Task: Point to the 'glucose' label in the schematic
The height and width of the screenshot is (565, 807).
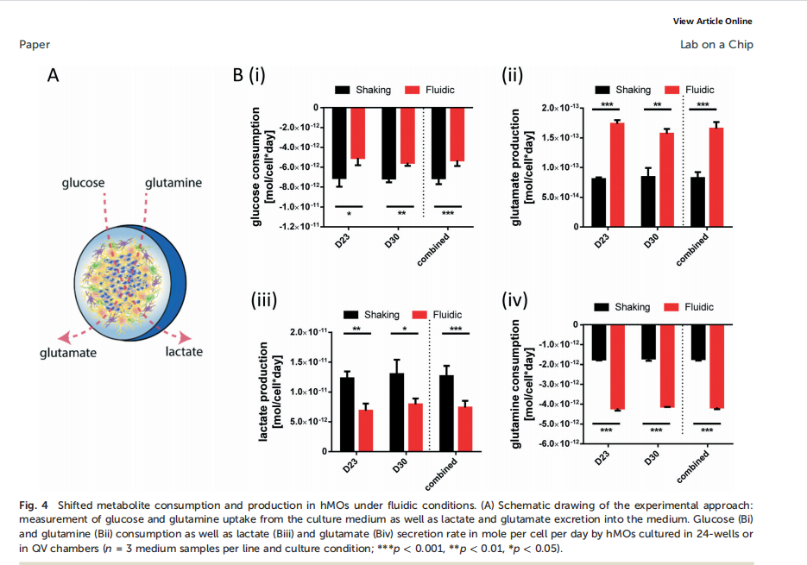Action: [x=83, y=183]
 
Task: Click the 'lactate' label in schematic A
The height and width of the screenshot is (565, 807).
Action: [x=184, y=351]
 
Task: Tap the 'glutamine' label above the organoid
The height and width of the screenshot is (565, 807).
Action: [x=173, y=183]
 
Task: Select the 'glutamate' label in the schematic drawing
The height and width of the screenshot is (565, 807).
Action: [x=68, y=352]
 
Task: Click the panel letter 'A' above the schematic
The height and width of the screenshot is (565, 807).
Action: [x=53, y=75]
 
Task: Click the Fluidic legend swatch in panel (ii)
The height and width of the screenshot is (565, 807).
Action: [x=672, y=90]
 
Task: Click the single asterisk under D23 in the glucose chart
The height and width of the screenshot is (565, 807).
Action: [x=349, y=213]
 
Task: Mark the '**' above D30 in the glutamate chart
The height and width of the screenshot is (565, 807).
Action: [x=658, y=105]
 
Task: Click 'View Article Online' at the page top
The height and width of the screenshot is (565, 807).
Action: [x=712, y=22]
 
